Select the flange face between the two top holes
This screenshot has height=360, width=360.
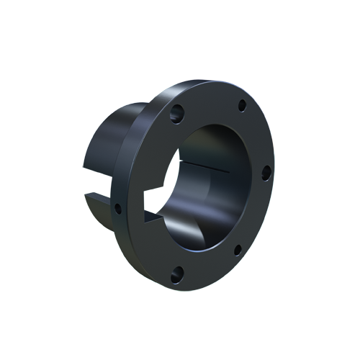[x=209, y=101]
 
